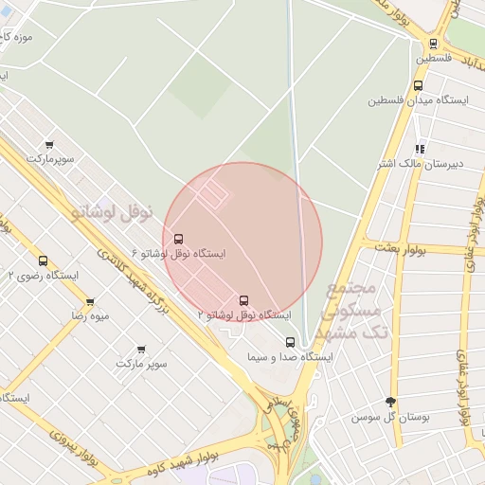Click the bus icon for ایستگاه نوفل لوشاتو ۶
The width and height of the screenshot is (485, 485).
point(179,240)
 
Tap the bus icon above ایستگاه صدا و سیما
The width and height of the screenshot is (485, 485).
point(290,343)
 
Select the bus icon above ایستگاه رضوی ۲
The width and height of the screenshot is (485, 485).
point(43,260)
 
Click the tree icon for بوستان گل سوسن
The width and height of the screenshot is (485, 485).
point(390,403)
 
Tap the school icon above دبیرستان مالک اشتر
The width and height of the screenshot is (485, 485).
point(420,149)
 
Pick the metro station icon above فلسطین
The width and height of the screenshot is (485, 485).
point(433,43)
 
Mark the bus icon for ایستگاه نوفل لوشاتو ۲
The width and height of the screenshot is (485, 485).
point(243,301)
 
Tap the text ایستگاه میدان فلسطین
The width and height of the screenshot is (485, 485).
point(415,99)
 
